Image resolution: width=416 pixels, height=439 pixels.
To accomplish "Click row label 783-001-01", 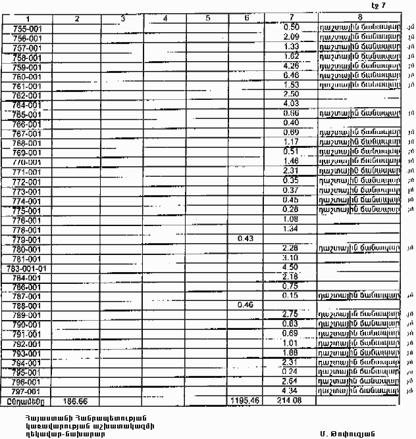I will (27, 267).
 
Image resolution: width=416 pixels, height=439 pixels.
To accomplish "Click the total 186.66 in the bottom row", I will (76, 400).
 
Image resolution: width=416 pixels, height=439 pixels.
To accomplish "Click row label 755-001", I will (27, 29).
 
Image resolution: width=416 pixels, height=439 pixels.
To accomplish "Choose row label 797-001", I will (27, 391).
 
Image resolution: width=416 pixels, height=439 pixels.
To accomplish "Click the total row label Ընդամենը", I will (26, 400).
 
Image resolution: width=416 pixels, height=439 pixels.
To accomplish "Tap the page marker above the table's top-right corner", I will (378, 6).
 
